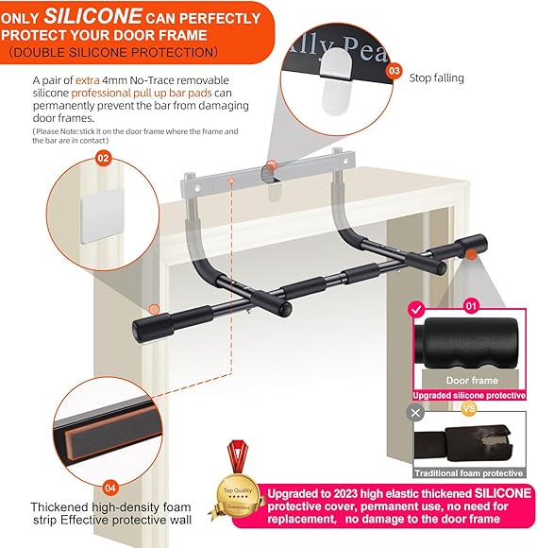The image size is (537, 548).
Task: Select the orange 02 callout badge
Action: coord(103,159)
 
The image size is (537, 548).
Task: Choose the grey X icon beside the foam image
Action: coord(414,412)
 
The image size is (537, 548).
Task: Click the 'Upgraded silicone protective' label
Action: coord(469,395)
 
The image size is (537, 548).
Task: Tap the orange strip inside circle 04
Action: coord(103,426)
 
